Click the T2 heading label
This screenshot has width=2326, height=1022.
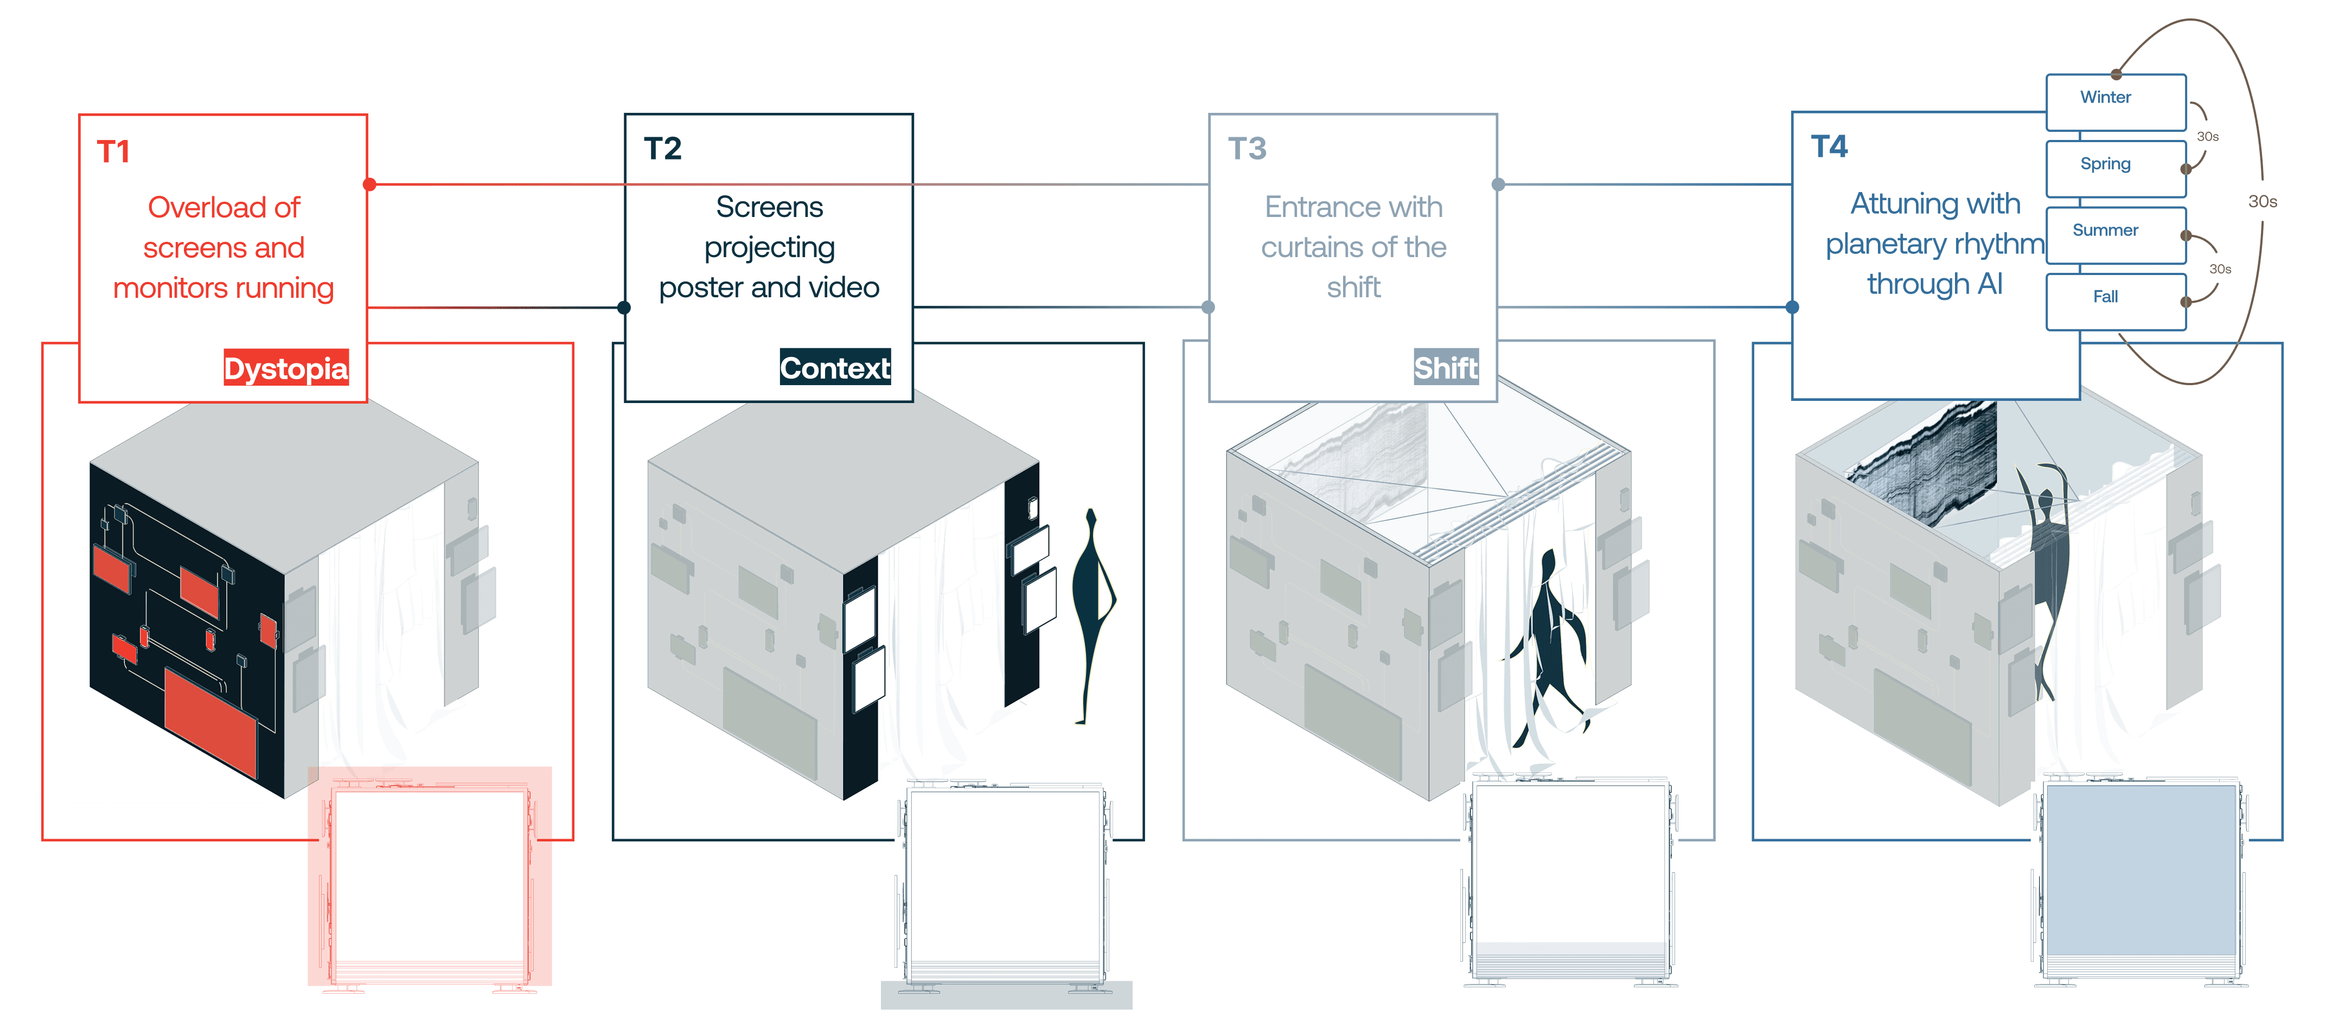663,148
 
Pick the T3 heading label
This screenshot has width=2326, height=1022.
1247,148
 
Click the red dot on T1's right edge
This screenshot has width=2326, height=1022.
369,184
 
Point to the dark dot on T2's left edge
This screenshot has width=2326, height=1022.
624,307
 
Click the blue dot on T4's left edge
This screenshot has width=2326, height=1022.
1792,307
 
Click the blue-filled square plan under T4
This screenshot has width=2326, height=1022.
2140,871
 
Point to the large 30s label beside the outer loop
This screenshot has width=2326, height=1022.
2262,201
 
